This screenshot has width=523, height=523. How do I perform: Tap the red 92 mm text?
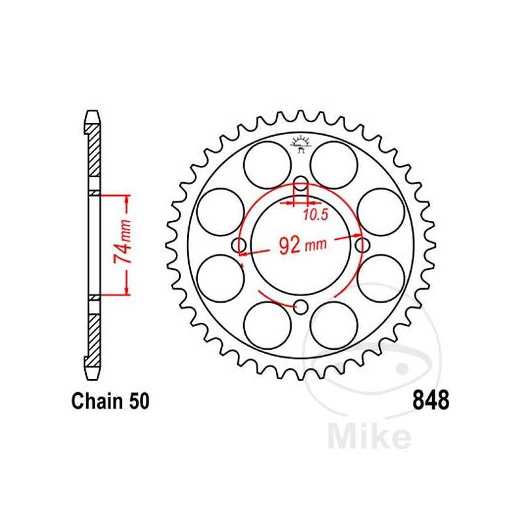tap(301, 245)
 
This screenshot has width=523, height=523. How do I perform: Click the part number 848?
tap(430, 400)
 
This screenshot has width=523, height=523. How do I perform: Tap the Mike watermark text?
tap(369, 436)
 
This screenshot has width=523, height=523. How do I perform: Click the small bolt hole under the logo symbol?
tap(301, 183)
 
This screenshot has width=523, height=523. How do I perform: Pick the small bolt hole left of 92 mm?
tap(239, 245)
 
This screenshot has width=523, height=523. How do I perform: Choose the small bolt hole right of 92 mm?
tap(362, 245)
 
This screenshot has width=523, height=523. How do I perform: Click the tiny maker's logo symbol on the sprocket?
tap(301, 143)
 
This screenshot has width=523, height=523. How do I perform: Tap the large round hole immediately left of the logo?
tap(267, 164)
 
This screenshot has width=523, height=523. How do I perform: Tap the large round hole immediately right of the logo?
tap(334, 164)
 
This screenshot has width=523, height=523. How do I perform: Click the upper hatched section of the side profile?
tap(94, 150)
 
